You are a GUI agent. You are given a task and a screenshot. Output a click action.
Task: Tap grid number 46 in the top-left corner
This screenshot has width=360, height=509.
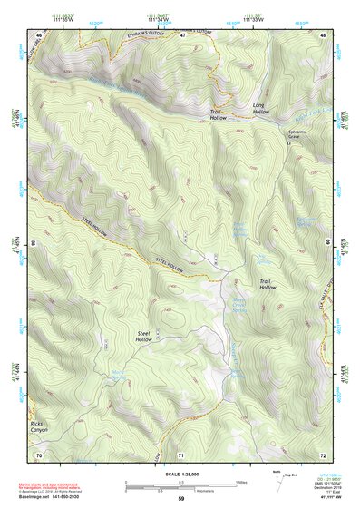tap(38, 34)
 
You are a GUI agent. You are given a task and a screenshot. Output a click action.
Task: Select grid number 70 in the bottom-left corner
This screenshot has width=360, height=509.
tap(38, 454)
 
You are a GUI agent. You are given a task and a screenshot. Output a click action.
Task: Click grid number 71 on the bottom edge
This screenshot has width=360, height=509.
tap(180, 454)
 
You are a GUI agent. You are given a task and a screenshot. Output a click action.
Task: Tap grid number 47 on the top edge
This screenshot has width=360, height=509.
tap(181, 34)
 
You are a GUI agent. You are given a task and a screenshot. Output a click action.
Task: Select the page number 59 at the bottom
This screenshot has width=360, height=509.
tap(180, 498)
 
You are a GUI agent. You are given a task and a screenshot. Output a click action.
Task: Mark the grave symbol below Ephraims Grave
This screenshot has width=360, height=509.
tap(288, 142)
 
